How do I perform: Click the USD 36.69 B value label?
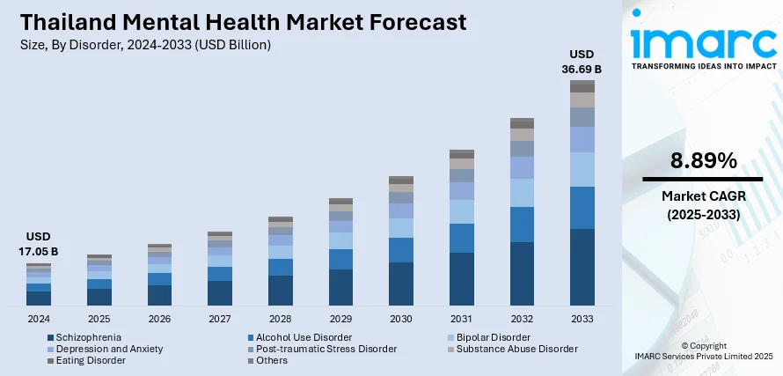point(582,61)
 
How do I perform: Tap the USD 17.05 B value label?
point(39,244)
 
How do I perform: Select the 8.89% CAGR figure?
point(703,160)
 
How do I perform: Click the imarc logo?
point(704,44)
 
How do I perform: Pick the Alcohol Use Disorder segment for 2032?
point(522,225)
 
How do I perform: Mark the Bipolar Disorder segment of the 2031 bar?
point(461,211)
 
